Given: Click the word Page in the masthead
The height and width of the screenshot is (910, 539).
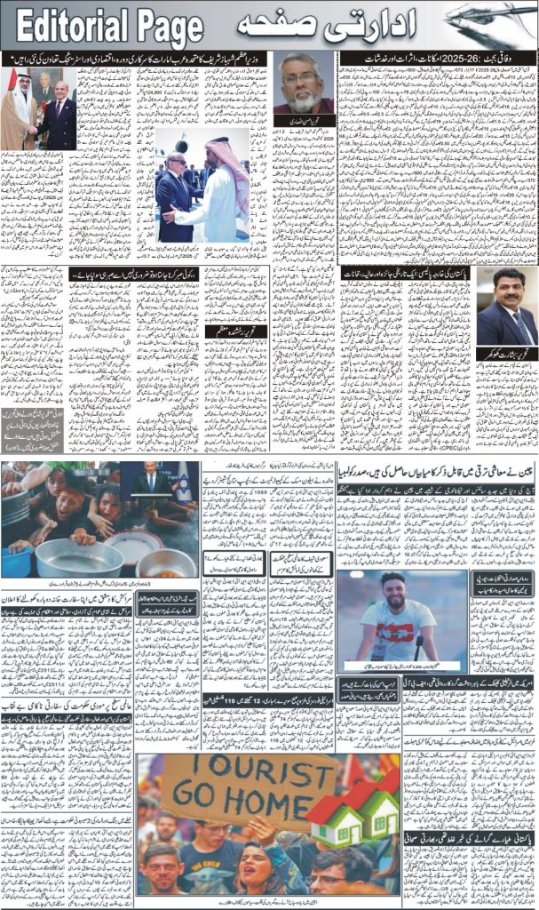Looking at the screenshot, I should pyautogui.click(x=166, y=29).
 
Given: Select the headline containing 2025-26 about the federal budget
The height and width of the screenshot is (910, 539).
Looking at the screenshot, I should pyautogui.click(x=438, y=58).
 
